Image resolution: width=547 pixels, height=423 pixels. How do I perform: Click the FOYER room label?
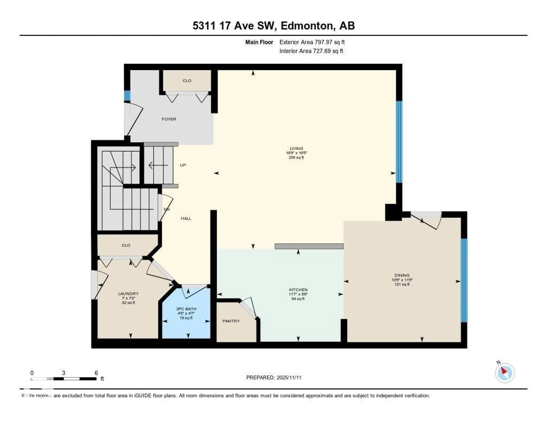[x=169, y=119]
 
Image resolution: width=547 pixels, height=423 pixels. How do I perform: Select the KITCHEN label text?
[x=298, y=290]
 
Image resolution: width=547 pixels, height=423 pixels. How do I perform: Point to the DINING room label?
[x=402, y=275]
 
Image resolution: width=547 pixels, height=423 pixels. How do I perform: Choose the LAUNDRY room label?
[x=128, y=294]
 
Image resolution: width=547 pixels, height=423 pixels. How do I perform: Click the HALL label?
[x=186, y=218]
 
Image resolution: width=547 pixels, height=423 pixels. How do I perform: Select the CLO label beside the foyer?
[x=187, y=80]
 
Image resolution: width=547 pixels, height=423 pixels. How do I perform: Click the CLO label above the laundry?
[x=126, y=245]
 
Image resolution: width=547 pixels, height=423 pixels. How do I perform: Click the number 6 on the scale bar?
[x=96, y=373]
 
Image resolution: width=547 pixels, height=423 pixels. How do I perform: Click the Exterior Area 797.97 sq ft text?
[x=312, y=42]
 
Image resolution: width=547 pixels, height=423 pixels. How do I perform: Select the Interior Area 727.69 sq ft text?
[x=311, y=51]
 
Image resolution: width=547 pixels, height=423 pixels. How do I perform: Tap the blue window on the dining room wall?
[x=464, y=280]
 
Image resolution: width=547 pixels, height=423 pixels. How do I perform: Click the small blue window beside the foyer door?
[x=127, y=96]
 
